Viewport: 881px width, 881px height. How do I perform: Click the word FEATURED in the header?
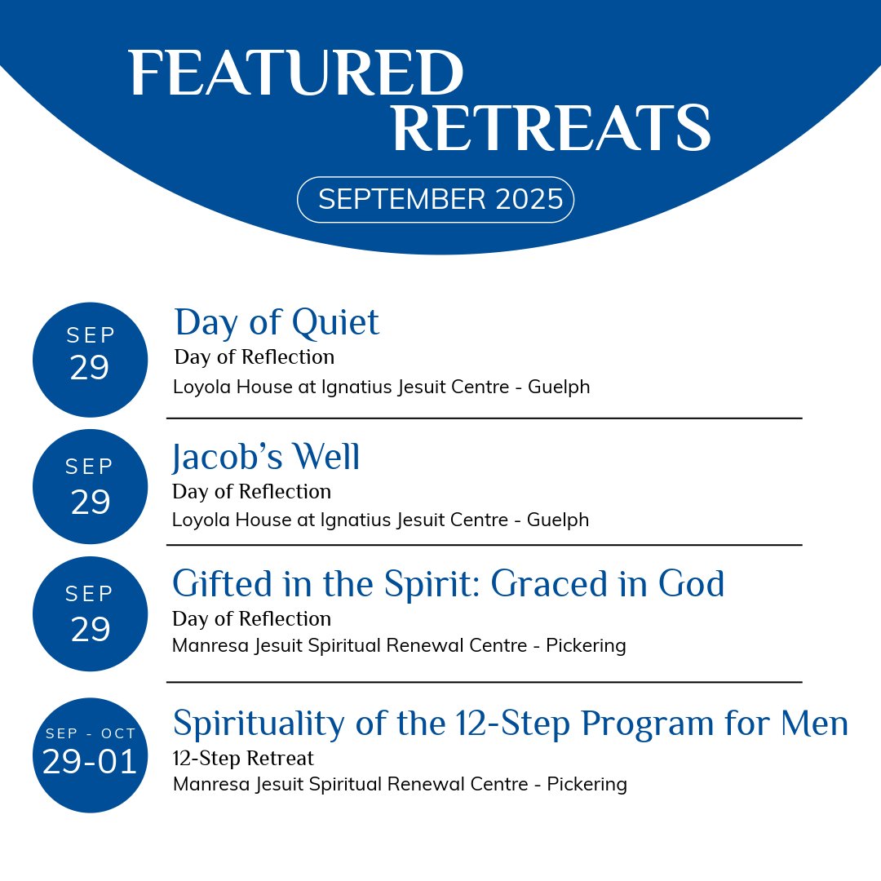tap(295, 74)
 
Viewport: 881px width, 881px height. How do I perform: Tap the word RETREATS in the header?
tap(551, 129)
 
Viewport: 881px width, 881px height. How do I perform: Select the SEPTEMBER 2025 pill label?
tap(436, 199)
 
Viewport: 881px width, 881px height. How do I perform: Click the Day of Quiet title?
tap(277, 322)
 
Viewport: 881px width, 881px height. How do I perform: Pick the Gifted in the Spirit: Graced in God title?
tap(448, 584)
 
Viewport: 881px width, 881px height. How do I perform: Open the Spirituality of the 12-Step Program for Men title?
tap(511, 724)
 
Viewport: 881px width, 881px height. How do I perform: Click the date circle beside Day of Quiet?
tap(90, 359)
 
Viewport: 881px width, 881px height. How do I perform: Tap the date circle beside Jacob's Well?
tap(90, 486)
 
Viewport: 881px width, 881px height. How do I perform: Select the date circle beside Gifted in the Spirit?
tap(90, 613)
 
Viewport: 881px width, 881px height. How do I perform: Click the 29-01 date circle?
tap(90, 755)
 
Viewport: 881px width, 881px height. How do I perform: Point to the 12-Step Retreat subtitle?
tap(243, 759)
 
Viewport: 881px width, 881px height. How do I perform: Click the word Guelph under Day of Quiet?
tap(559, 387)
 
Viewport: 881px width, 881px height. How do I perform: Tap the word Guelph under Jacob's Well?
tap(558, 520)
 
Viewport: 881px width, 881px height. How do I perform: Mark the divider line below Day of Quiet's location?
tap(484, 418)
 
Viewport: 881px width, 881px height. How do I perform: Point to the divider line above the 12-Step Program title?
tap(484, 682)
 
